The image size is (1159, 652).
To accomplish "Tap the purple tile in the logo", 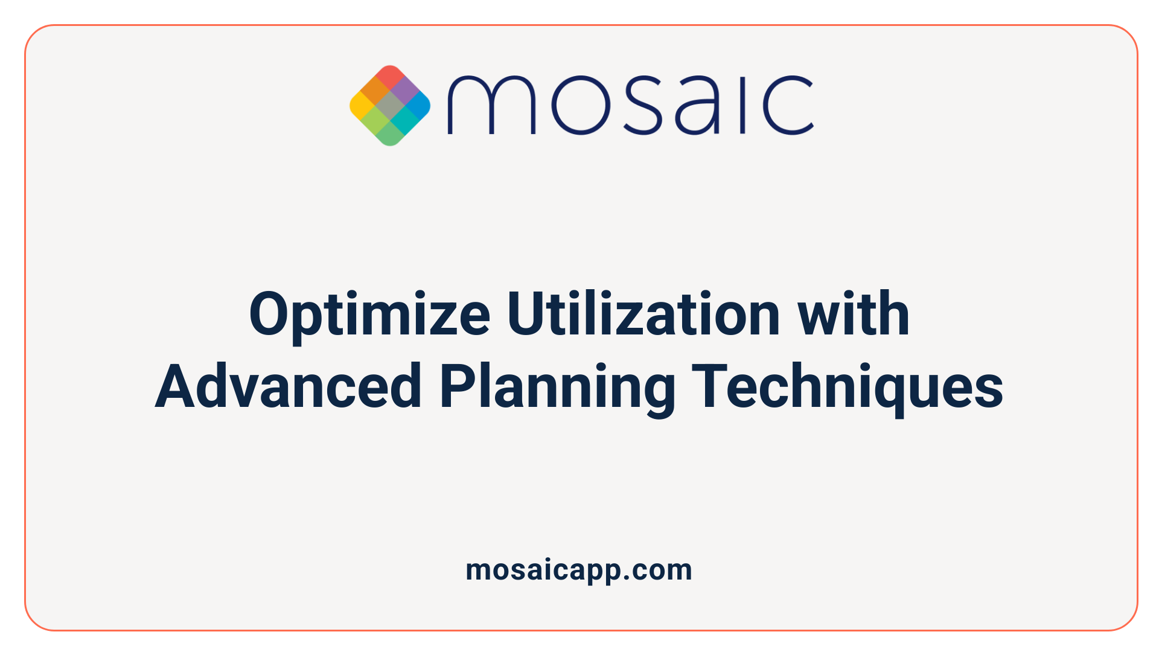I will pyautogui.click(x=404, y=91).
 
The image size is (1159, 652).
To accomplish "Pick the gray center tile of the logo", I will pyautogui.click(x=390, y=106).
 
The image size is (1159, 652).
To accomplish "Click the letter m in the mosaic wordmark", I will pyautogui.click(x=491, y=105).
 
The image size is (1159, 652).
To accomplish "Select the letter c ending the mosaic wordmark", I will pyautogui.click(x=788, y=105).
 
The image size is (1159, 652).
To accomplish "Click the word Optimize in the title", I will pyautogui.click(x=369, y=315).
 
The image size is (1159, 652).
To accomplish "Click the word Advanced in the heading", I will pyautogui.click(x=288, y=387).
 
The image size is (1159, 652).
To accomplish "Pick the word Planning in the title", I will pyautogui.click(x=557, y=387).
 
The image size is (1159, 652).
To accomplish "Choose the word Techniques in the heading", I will pyautogui.click(x=848, y=387).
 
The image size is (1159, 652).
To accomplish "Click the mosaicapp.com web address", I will pyautogui.click(x=579, y=570).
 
